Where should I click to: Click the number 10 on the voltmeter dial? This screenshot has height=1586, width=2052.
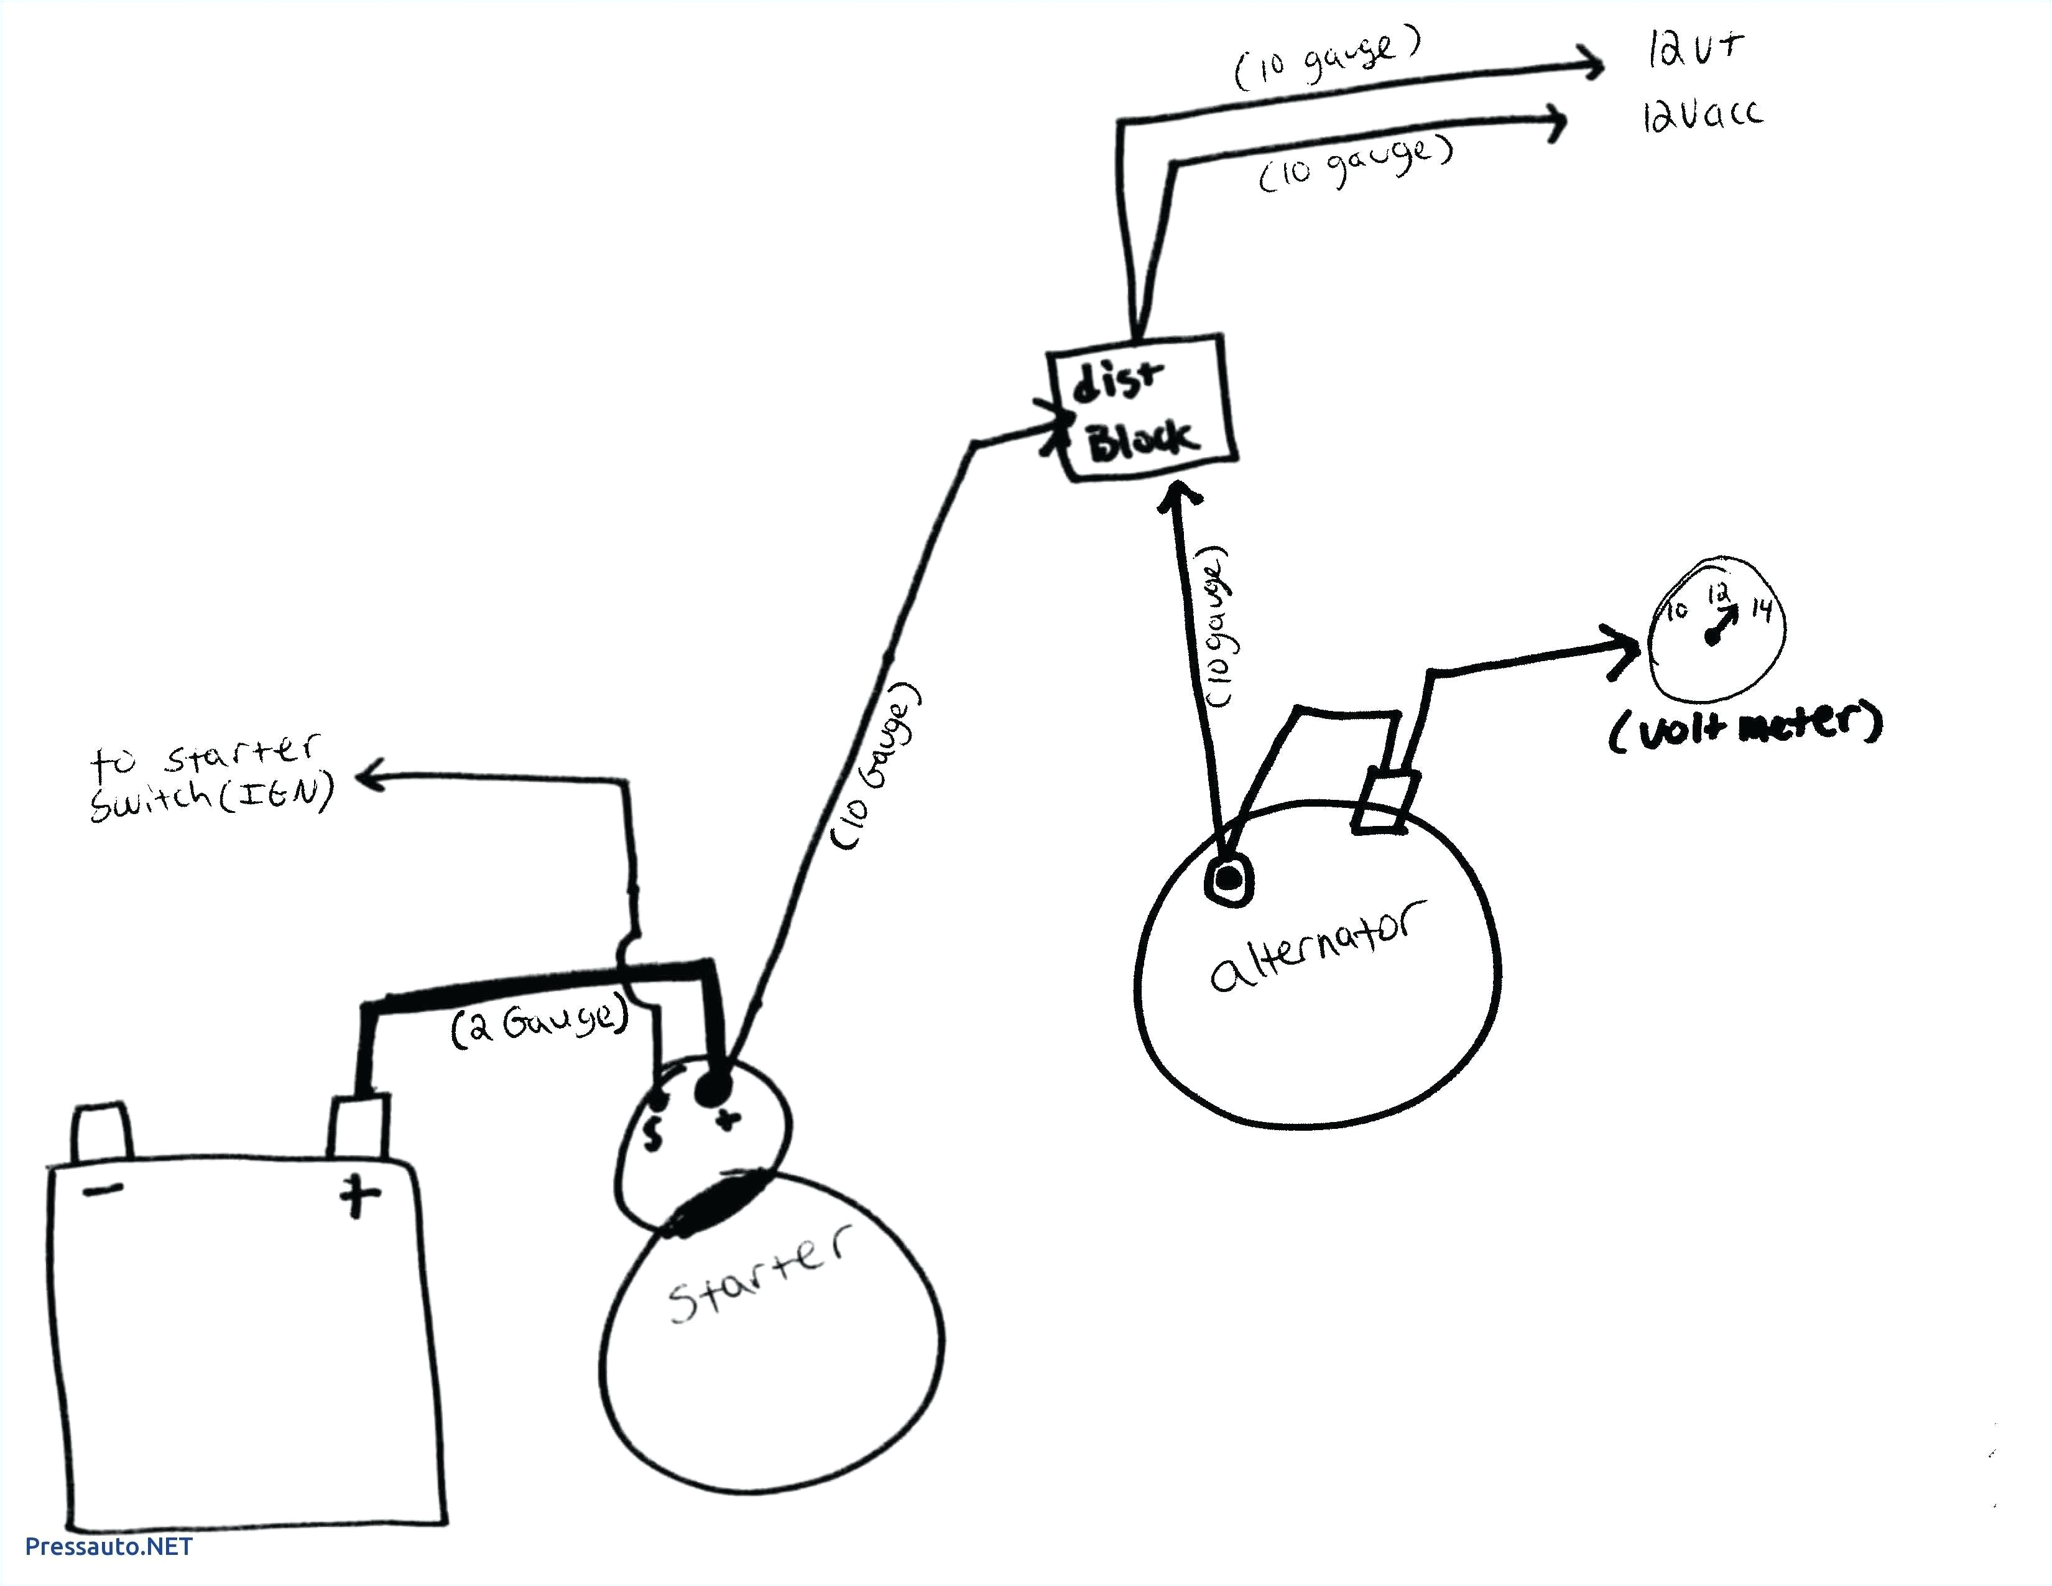click(x=1677, y=611)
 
